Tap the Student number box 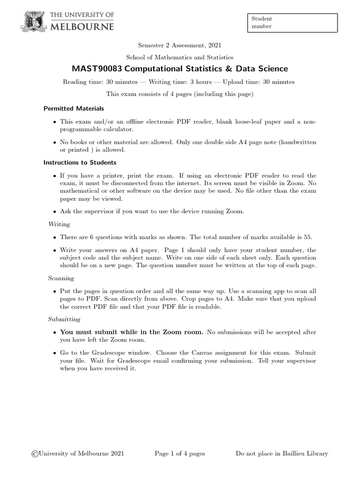[292, 22]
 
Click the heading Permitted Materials [74, 108]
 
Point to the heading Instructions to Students [80, 163]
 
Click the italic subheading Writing [59, 224]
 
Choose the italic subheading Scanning [61, 278]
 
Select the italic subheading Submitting [64, 319]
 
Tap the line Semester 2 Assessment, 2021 [180, 45]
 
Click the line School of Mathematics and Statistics [180, 57]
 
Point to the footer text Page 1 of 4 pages [180, 453]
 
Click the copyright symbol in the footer [34, 453]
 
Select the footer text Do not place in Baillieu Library [281, 453]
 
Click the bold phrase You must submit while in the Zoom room [132, 332]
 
